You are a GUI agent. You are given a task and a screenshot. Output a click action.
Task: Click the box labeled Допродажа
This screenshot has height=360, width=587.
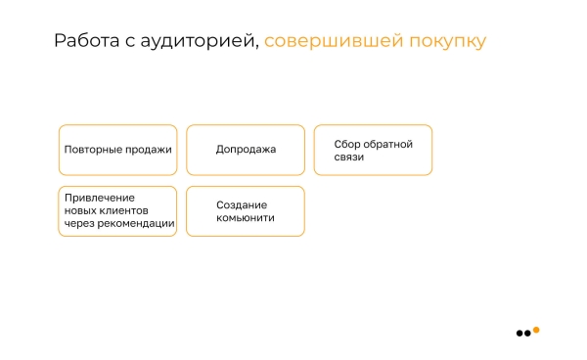coord(246,150)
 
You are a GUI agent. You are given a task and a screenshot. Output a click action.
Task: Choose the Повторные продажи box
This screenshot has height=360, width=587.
coord(118,150)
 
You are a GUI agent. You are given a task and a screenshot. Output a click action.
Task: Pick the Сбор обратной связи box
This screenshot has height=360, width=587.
coord(373,150)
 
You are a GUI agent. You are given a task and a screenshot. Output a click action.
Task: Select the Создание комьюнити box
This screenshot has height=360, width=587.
coord(246,211)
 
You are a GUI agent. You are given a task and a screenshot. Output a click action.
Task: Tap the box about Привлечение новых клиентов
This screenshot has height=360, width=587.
coord(118,211)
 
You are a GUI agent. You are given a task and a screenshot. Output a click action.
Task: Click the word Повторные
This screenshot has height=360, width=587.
coord(93,150)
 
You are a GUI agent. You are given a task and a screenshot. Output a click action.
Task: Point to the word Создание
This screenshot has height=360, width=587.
coord(241,205)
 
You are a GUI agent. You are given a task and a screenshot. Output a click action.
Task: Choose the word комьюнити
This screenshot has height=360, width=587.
coord(245,218)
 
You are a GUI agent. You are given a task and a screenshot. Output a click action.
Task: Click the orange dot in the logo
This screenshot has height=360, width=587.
coord(536,330)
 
